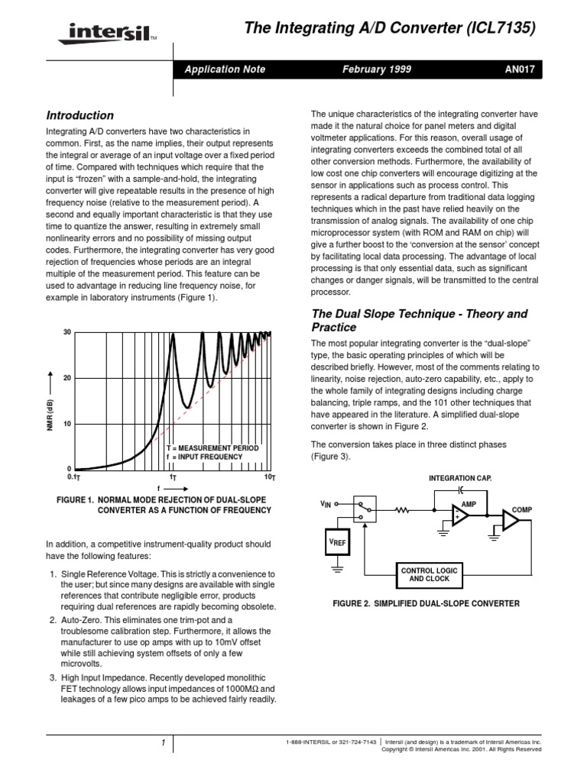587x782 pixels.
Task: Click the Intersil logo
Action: [x=103, y=34]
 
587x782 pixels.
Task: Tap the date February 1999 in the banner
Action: [x=378, y=69]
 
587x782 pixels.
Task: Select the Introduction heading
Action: [x=80, y=115]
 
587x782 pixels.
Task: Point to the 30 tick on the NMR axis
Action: [x=66, y=333]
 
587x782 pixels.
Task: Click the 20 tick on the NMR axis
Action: [x=66, y=379]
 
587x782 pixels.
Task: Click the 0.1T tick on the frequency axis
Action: [x=74, y=477]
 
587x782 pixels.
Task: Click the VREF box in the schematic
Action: [x=336, y=541]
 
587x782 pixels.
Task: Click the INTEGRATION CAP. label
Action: [x=460, y=477]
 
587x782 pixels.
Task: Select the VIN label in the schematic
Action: [x=328, y=505]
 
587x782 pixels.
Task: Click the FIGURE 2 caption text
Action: [x=426, y=603]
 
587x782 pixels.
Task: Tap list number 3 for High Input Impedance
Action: [x=53, y=677]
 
